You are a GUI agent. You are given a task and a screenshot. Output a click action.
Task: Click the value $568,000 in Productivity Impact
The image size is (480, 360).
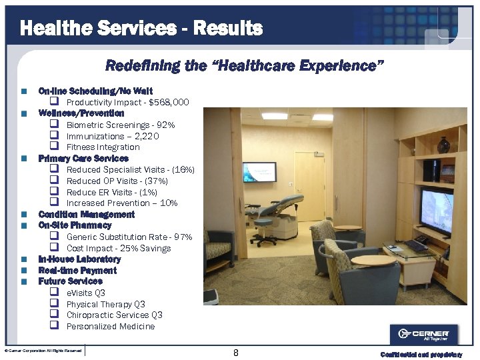point(169,103)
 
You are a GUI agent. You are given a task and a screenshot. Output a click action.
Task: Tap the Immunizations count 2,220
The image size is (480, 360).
point(146,137)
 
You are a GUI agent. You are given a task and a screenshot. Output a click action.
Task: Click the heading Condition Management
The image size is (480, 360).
point(87,215)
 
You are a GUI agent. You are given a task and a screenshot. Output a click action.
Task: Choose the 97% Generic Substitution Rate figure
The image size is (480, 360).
point(182,237)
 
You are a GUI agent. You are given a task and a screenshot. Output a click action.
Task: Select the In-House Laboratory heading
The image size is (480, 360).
point(79,259)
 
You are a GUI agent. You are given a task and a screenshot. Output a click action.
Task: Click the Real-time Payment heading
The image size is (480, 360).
point(77,271)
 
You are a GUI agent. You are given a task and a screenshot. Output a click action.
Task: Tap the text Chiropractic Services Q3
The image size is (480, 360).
point(114,315)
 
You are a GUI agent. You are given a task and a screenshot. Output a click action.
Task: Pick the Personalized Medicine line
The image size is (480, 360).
point(110,327)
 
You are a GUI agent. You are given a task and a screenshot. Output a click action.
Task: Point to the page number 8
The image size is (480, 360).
point(236,353)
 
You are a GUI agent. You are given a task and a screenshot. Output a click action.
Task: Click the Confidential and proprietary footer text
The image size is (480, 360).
point(421,355)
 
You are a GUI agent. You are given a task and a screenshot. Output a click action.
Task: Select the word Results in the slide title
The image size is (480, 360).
point(227,29)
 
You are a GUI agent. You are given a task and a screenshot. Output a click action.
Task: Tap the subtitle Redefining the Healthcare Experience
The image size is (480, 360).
point(245,65)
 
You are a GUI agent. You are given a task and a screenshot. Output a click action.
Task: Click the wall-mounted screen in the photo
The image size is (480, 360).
point(259,171)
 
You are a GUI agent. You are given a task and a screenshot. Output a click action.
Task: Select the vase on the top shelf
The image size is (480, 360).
point(443,145)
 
